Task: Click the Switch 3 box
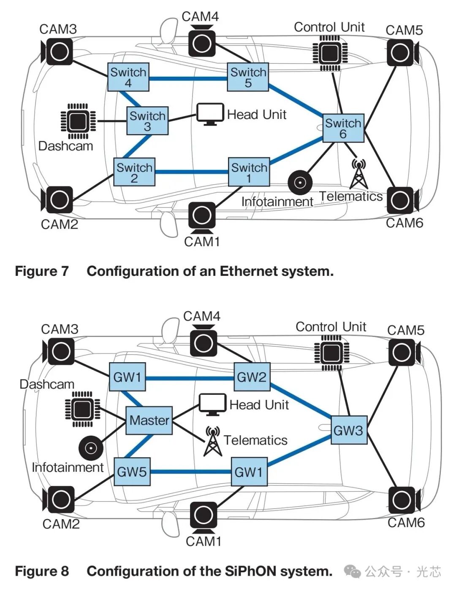[147, 121]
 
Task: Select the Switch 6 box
[343, 128]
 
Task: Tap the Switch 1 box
[249, 172]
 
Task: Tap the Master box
[149, 420]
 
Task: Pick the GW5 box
[132, 472]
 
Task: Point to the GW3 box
[349, 430]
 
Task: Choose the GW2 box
[252, 377]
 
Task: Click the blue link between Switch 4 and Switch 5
[188, 79]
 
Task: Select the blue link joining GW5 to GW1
[191, 472]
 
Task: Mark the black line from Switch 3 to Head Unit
[182, 118]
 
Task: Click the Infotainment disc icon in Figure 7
[300, 183]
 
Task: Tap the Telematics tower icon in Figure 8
[213, 441]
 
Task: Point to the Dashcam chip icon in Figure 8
[82, 409]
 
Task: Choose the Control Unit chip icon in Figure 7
[330, 53]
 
